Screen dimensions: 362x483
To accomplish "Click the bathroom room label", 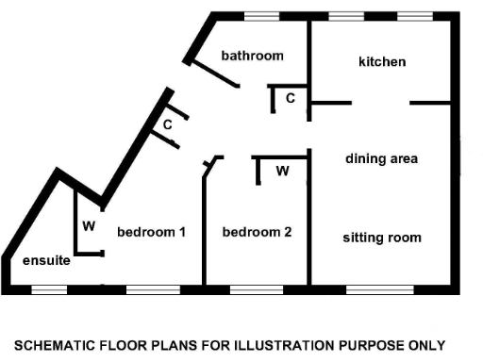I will [x=252, y=56].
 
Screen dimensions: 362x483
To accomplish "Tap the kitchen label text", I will [x=382, y=62].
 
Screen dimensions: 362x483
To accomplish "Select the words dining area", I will [x=381, y=158].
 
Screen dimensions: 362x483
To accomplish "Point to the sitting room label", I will [x=381, y=237].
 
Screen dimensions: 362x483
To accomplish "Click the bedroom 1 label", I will [x=151, y=231].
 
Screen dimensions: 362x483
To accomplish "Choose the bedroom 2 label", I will [x=257, y=231].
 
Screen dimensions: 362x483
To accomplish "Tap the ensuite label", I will [x=45, y=261].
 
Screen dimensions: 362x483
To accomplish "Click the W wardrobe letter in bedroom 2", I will [x=282, y=171].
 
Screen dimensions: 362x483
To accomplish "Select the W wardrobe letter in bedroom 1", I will [x=89, y=226].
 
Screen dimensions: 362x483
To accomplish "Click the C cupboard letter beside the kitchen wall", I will [x=291, y=98].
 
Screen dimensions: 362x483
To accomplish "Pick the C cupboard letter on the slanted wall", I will [x=167, y=123].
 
